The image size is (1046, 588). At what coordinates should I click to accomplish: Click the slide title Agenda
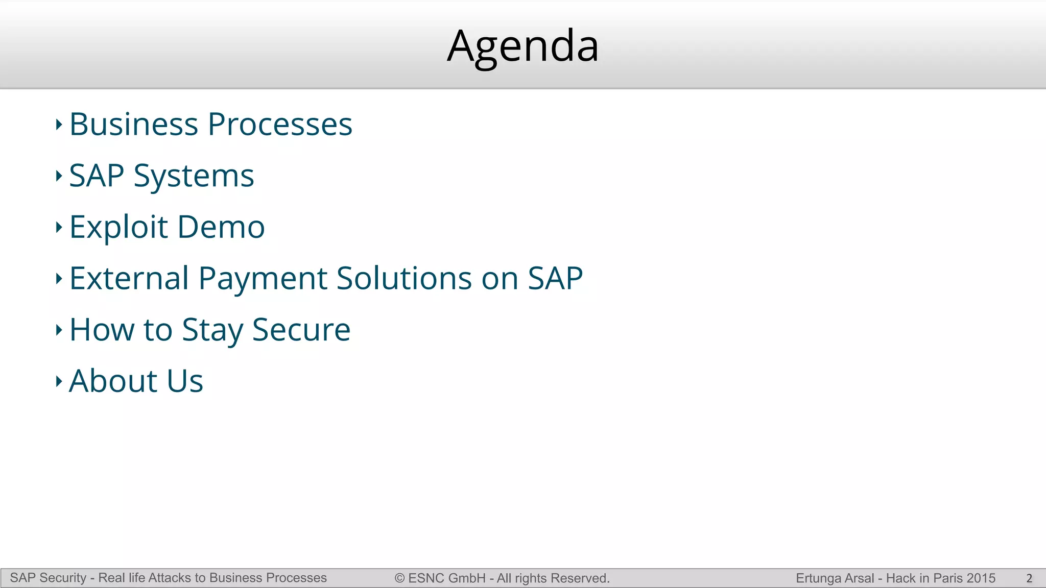click(x=522, y=47)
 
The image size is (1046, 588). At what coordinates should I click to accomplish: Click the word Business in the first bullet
click(x=133, y=125)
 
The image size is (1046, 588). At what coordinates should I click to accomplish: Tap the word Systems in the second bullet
click(x=194, y=177)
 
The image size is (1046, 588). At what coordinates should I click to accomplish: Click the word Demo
click(x=221, y=227)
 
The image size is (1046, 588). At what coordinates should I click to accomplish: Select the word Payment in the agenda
click(x=263, y=279)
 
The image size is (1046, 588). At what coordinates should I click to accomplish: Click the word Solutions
click(x=404, y=279)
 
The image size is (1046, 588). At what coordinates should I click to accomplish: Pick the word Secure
click(x=301, y=330)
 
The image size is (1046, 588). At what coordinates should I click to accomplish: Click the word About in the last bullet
click(x=113, y=381)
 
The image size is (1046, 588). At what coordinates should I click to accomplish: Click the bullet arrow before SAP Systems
click(x=59, y=176)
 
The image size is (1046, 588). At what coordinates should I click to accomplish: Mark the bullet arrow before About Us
click(x=59, y=381)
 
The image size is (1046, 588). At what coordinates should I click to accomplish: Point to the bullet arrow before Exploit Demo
click(x=59, y=228)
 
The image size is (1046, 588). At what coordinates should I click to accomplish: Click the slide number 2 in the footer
click(x=1029, y=578)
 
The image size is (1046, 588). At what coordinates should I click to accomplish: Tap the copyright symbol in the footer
click(x=399, y=578)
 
